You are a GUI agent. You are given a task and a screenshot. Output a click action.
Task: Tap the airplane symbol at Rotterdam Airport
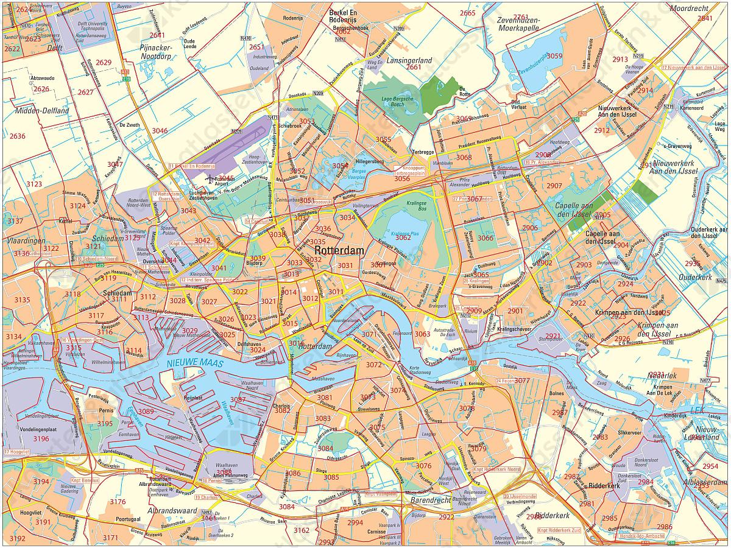point(210,179)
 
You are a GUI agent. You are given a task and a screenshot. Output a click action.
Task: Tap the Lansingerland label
point(409,60)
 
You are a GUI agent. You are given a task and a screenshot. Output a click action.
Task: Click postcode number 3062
point(403,237)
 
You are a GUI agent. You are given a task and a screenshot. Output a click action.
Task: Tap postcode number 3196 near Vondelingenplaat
point(41,438)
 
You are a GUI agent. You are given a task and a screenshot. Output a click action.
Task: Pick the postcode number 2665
point(467,13)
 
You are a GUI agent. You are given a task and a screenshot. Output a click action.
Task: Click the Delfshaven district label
point(250,344)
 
